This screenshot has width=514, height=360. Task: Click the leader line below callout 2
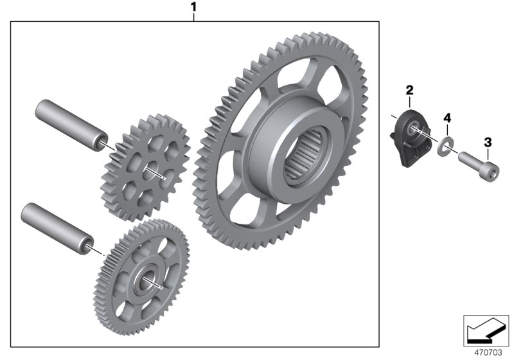tap(409, 103)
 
